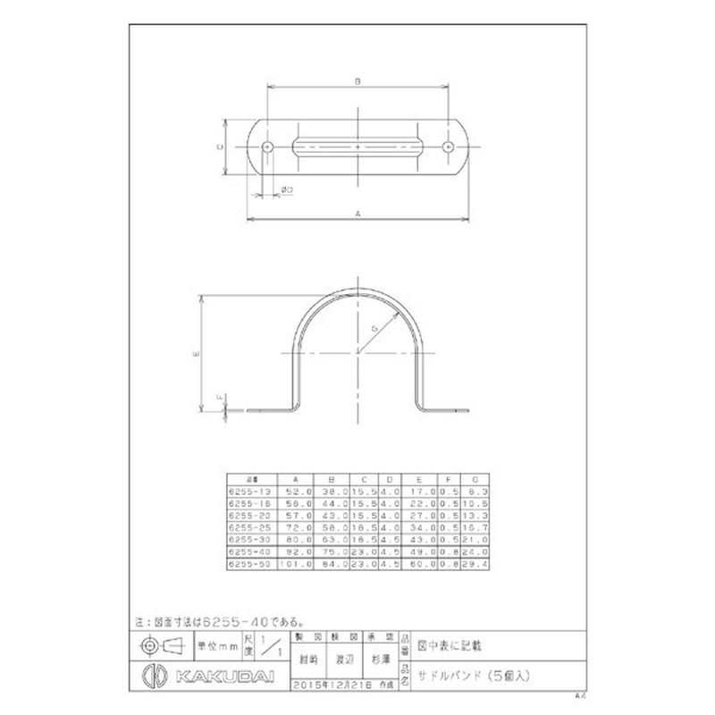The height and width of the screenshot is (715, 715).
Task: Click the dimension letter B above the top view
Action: click(x=357, y=81)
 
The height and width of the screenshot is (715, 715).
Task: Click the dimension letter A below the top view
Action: click(x=357, y=214)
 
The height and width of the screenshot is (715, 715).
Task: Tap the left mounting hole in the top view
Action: click(x=268, y=146)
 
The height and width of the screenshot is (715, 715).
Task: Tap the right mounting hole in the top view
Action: click(x=448, y=146)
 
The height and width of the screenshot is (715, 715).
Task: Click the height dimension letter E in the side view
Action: click(x=196, y=353)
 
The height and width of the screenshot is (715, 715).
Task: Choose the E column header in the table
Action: click(x=418, y=478)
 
